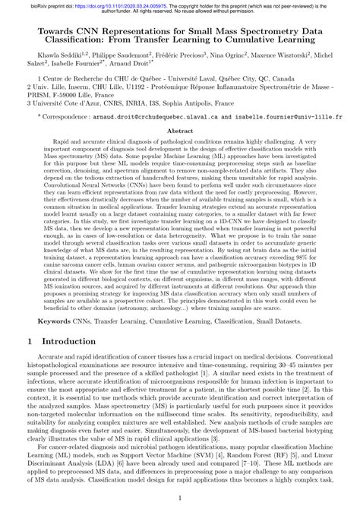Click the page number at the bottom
[x=180, y=498]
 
